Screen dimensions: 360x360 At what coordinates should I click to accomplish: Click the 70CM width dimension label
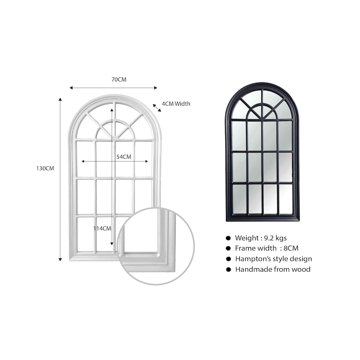pos(119,80)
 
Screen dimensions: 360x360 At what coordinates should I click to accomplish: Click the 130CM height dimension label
pos(45,168)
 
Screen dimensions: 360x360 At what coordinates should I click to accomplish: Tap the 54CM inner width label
pos(124,157)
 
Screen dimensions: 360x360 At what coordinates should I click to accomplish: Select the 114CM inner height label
pos(102,229)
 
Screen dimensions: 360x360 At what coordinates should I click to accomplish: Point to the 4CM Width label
pos(176,104)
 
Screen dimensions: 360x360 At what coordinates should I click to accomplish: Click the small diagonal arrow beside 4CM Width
pos(157,108)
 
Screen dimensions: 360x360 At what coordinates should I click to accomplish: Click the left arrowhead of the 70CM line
pos(71,88)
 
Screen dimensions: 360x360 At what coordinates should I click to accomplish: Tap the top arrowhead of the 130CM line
pos(60,99)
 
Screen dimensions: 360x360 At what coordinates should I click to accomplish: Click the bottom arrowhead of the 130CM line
pos(60,260)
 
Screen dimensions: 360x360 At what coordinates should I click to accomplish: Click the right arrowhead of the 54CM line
pos(147,162)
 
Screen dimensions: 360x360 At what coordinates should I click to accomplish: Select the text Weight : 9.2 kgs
pos(261,238)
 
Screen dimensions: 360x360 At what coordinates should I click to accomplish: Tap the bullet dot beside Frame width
pos(228,248)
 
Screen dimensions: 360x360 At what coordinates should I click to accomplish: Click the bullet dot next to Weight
pos(228,238)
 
